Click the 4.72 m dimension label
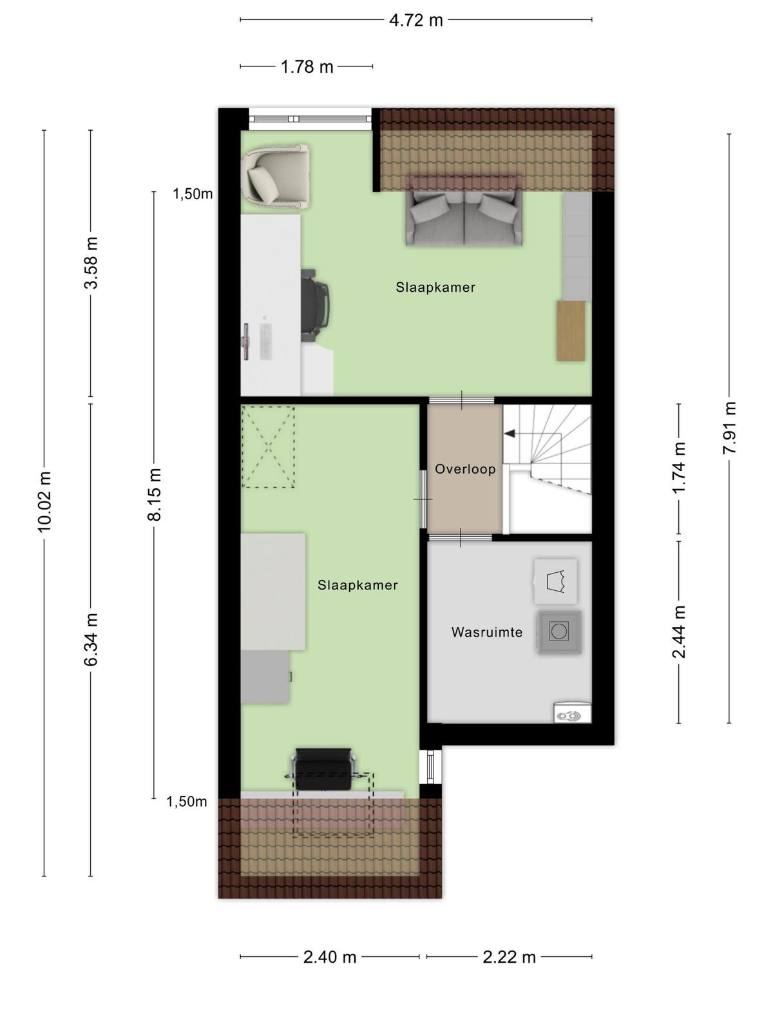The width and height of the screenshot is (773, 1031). point(416,20)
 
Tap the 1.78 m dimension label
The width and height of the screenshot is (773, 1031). point(307,67)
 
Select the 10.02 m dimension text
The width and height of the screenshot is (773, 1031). point(44,501)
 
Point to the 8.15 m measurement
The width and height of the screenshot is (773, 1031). point(154,495)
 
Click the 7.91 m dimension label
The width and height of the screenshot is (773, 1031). point(729,428)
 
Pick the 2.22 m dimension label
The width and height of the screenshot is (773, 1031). point(510,957)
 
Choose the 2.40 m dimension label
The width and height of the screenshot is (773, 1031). point(329,957)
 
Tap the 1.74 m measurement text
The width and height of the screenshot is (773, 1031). point(679,468)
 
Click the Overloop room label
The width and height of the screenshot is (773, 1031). point(465,468)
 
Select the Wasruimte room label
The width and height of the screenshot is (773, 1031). point(487,632)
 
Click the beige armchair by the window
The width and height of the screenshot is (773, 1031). point(276,176)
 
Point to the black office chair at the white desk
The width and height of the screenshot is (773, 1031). point(315,305)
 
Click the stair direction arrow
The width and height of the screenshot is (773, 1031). point(510,433)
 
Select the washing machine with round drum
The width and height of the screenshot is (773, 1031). point(559,631)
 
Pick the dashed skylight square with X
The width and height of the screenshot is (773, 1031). point(268,447)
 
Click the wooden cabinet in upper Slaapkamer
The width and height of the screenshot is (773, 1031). point(571,331)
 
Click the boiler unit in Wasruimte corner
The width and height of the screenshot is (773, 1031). point(573,713)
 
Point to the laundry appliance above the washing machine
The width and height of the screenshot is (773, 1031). point(556,581)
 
